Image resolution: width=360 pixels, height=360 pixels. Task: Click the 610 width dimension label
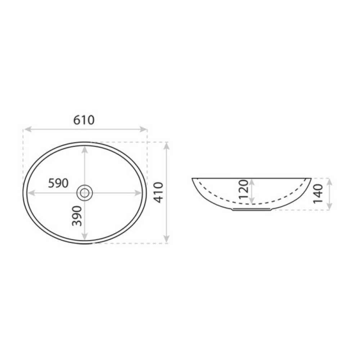[84, 120]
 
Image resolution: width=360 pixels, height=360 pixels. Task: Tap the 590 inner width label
[58, 183]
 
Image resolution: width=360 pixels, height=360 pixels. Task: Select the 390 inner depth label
[77, 216]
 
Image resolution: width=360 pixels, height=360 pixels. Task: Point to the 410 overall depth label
[159, 192]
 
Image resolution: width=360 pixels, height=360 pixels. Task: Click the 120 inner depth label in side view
[244, 190]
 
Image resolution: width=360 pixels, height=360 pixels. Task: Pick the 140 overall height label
[318, 194]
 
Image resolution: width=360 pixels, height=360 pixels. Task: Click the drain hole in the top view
[85, 193]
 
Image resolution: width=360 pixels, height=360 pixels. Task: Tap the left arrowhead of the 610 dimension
[28, 129]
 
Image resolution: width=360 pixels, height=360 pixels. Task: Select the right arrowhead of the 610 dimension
[143, 129]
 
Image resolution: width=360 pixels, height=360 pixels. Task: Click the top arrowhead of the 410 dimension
[167, 145]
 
